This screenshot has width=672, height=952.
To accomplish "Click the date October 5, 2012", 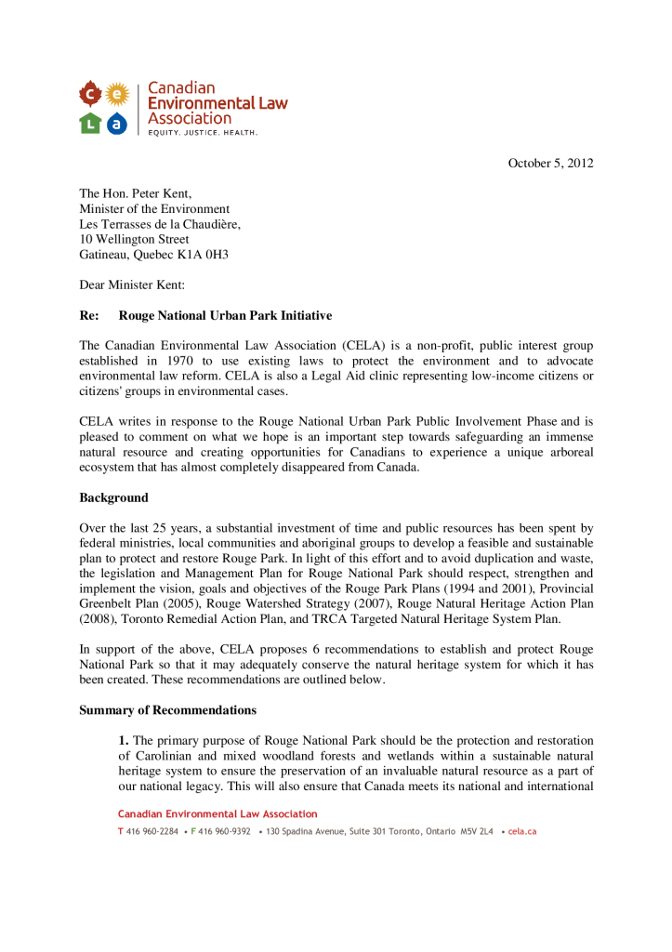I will coord(550,164).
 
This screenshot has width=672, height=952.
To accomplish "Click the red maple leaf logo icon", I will coord(90,93).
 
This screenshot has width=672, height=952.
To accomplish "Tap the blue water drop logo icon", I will coord(117,122).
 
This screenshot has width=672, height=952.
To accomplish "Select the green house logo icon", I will coord(90,122).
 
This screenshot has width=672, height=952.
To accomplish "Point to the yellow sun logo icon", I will coord(117,93).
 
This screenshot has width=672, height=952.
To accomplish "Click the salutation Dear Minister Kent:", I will coord(132,284).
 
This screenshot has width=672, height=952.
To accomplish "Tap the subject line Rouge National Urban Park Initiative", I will coord(225,316).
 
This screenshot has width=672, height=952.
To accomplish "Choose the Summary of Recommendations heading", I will coord(167,710).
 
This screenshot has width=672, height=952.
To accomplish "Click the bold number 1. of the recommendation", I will coord(124,741).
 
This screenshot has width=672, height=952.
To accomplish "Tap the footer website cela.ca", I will coord(521,831).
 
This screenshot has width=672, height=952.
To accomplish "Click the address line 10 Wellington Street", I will coord(134,239).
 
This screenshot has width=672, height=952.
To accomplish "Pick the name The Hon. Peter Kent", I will coord(135,193).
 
